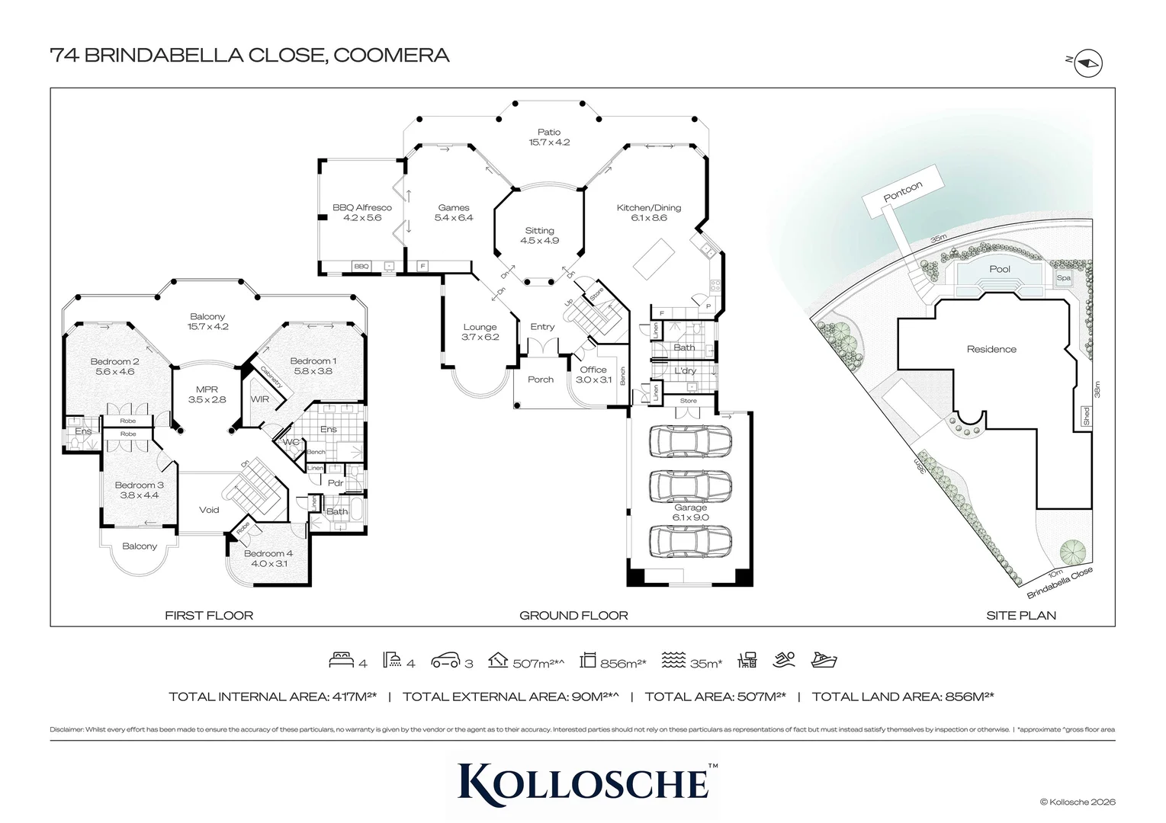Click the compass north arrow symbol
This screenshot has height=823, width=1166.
(1088, 65)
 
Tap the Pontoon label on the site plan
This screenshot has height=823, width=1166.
(903, 192)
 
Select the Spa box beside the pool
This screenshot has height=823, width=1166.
(1063, 279)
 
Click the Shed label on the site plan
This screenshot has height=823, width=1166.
(1086, 416)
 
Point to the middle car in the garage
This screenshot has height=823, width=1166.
(690, 485)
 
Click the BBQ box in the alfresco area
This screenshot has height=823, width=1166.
(361, 267)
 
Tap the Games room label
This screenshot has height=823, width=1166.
(454, 207)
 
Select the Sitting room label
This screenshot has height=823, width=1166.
(539, 231)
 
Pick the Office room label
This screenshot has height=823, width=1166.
(593, 370)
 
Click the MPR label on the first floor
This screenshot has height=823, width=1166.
(207, 389)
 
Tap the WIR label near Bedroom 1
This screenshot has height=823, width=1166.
(260, 399)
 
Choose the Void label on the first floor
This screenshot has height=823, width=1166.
(209, 510)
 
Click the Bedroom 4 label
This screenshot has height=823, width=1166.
(268, 554)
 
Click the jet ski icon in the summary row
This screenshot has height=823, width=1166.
(824, 660)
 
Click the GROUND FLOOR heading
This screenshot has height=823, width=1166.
(573, 616)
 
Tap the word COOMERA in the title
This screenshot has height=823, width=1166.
(391, 55)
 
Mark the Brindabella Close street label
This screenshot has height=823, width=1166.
(1060, 583)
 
